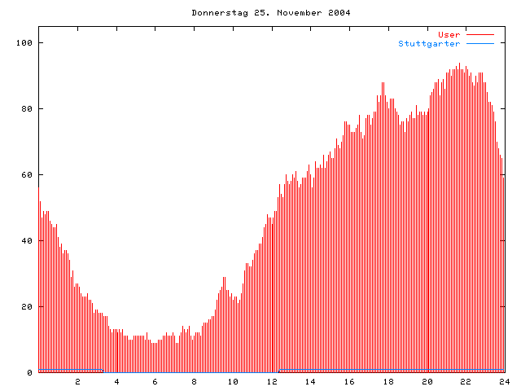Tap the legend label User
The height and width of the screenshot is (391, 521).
[449, 34]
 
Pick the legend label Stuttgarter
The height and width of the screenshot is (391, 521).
[429, 43]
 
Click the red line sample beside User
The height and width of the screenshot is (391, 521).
[480, 34]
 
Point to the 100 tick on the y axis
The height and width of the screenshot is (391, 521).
[25, 42]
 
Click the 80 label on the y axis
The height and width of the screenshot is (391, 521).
[28, 108]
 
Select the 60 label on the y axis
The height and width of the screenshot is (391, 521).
[28, 174]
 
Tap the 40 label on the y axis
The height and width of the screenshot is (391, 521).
[28, 240]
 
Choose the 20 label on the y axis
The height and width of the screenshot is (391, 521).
[28, 306]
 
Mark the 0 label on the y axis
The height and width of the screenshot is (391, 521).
[30, 372]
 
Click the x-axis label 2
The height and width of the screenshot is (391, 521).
[78, 381]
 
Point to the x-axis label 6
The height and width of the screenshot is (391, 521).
[155, 381]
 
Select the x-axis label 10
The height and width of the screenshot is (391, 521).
[233, 381]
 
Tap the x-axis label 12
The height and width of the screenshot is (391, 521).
[272, 381]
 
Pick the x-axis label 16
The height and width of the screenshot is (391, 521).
[349, 381]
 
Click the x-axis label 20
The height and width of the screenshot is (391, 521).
[427, 381]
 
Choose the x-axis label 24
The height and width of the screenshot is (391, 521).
[504, 381]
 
